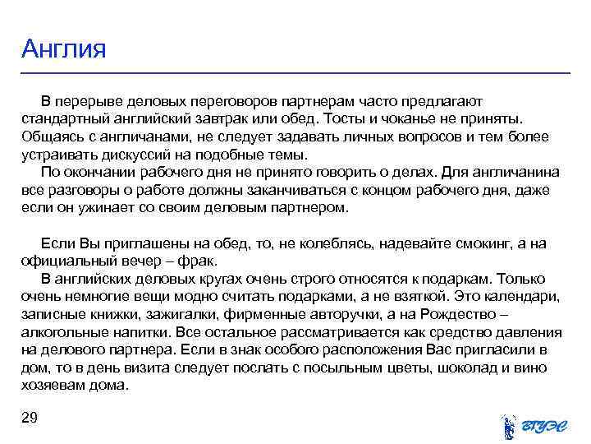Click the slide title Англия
pos(64,49)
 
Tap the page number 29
pos(30,419)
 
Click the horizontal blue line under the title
pos(295,74)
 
